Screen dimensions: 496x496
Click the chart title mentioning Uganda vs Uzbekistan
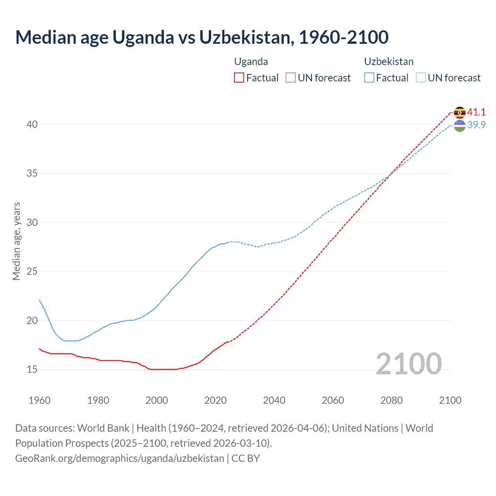[201, 37]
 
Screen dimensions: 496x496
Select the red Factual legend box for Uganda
[239, 78]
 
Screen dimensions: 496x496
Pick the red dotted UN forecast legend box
[291, 78]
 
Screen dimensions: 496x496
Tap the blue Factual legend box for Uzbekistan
[369, 78]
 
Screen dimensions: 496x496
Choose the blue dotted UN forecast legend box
[421, 78]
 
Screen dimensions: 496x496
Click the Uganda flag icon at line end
[460, 112]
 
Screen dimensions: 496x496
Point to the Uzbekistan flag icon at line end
[460, 126]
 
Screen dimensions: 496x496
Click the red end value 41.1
[476, 112]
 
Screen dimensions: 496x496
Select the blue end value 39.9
[476, 125]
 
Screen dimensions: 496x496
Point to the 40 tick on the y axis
[32, 124]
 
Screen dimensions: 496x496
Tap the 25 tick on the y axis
[32, 271]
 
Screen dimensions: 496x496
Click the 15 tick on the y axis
[32, 369]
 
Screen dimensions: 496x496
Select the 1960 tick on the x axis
[40, 400]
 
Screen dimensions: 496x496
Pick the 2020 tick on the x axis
[215, 400]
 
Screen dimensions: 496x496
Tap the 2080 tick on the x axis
[391, 400]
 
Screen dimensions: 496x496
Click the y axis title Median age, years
[16, 241]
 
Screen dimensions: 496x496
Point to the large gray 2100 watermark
[408, 364]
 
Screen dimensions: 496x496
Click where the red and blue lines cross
[390, 174]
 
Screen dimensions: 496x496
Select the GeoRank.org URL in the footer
[120, 458]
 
